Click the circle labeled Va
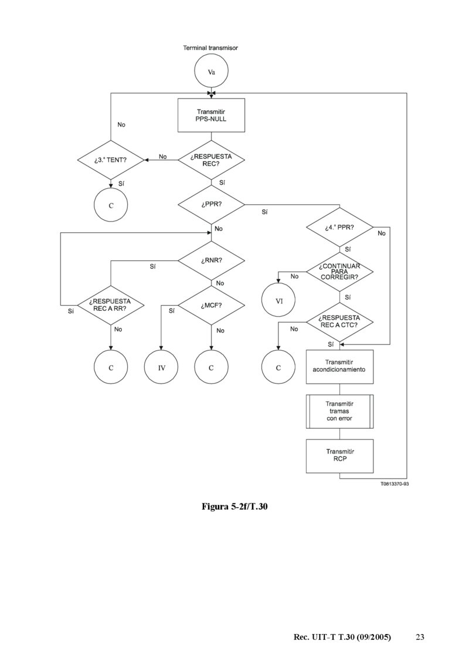[211, 72]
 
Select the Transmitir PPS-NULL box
[211, 115]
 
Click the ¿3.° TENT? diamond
[111, 160]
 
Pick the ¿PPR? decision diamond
[211, 204]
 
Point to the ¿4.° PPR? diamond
[339, 227]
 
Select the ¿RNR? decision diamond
[211, 260]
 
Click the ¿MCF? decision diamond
[211, 305]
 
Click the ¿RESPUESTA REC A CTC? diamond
[339, 321]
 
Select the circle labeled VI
[278, 301]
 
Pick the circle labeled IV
[161, 368]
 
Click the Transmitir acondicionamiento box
[339, 366]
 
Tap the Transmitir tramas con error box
[339, 411]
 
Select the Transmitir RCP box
[339, 456]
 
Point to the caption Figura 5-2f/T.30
[235, 506]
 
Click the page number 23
[420, 637]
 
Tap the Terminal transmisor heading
[210, 48]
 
